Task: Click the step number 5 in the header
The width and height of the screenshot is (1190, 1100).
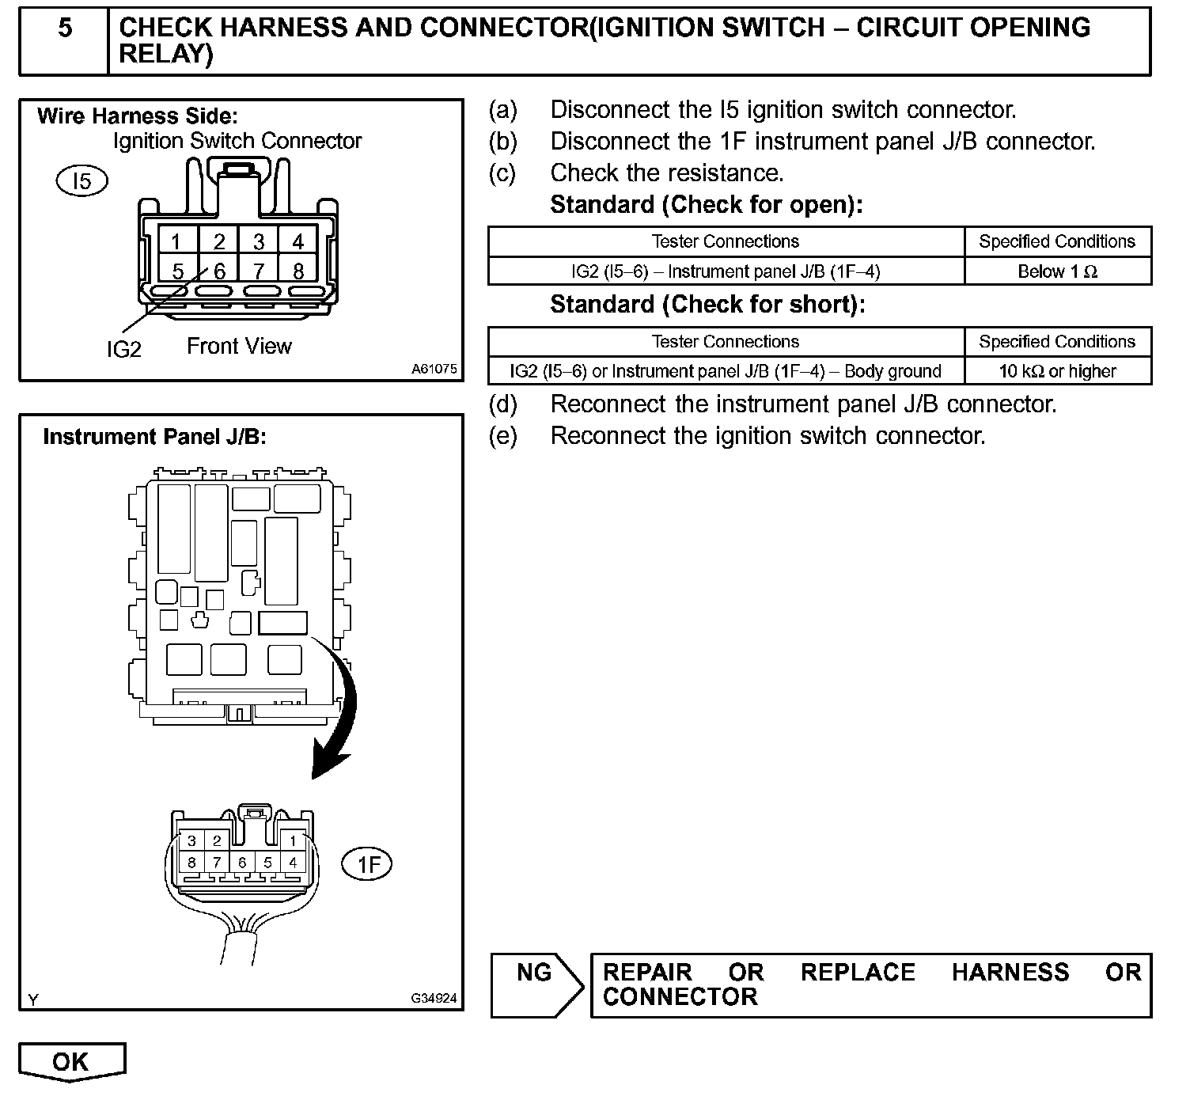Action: coord(65,28)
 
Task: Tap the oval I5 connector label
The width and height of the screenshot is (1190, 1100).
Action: coord(81,181)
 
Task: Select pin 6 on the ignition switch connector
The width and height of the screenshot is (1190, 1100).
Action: coord(219,271)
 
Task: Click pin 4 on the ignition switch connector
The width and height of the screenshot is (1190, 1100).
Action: coord(297,241)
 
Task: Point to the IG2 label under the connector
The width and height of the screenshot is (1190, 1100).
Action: coord(123,349)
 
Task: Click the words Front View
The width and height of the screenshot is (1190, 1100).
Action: coord(239,347)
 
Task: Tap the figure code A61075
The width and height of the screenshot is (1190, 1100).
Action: coord(434,369)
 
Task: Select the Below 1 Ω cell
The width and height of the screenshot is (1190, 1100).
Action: coord(1057,271)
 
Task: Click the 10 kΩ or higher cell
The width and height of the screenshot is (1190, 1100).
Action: coord(1057,371)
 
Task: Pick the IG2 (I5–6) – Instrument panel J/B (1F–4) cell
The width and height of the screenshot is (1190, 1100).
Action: coord(726,271)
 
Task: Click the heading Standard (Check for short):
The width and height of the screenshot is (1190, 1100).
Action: coord(707,305)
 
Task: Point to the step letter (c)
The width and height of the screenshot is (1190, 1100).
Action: coord(502,173)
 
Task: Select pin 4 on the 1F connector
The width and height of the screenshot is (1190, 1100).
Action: coord(293,863)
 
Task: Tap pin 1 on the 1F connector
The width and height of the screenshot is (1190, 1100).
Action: coord(293,841)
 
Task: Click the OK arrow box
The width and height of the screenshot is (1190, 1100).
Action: coord(71,1061)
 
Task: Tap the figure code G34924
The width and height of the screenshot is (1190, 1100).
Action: coord(434,999)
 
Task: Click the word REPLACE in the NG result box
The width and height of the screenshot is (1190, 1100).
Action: coord(858,973)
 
